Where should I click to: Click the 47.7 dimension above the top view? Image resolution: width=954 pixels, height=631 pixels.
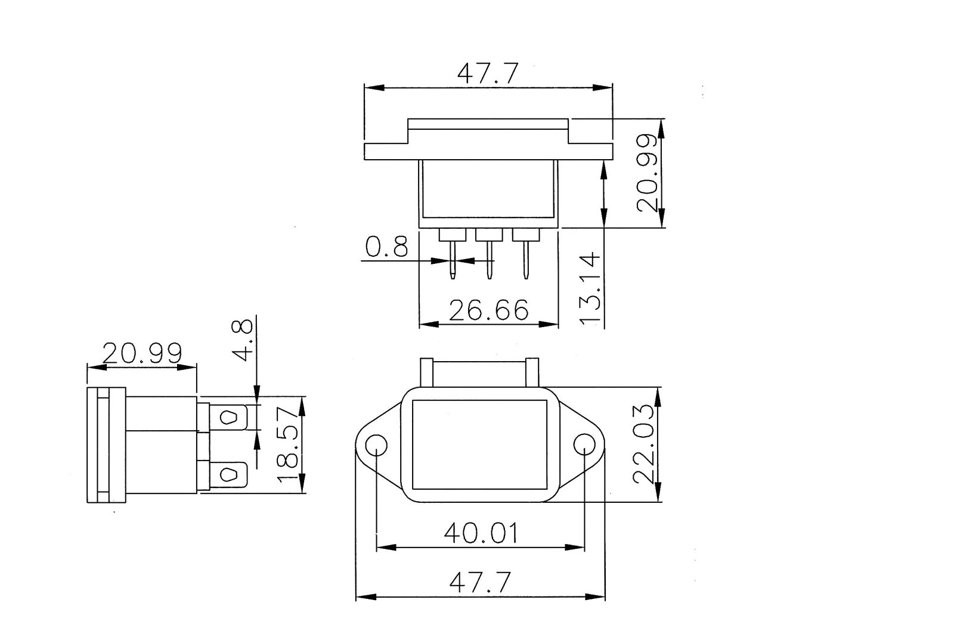click(x=488, y=74)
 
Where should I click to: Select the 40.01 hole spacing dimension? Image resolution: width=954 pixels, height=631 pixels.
click(x=481, y=533)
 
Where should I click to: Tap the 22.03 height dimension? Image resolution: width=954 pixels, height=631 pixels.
click(x=646, y=444)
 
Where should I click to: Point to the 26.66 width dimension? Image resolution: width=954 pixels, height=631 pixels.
click(x=488, y=310)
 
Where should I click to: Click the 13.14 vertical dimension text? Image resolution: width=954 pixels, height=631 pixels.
click(x=590, y=288)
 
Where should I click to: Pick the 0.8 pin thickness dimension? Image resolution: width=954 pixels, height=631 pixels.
click(x=386, y=246)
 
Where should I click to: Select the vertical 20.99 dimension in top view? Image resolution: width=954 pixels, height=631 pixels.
click(x=647, y=173)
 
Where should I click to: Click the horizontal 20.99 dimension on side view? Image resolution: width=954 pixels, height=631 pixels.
click(x=142, y=353)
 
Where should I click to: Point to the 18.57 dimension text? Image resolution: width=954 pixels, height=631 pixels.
click(x=288, y=444)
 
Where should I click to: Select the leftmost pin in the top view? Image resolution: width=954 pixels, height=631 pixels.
click(x=453, y=259)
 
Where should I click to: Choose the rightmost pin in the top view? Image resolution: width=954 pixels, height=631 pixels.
click(x=526, y=259)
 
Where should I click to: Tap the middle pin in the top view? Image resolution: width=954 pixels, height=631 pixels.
click(x=489, y=259)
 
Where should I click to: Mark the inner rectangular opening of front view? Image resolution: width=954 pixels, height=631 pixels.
click(x=479, y=445)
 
